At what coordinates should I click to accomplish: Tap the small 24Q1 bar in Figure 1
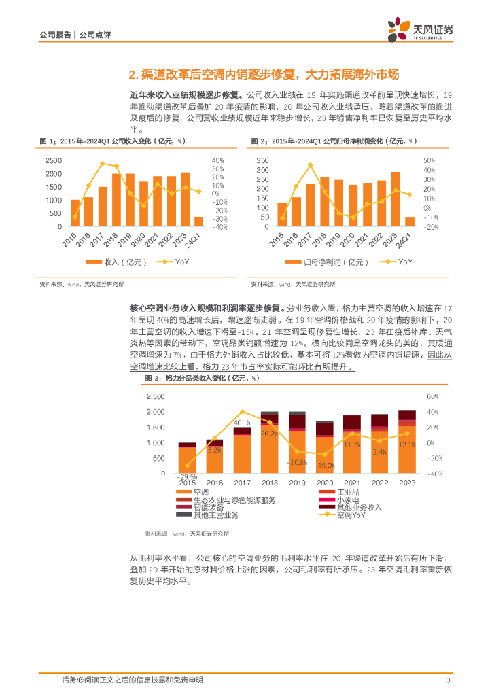[198, 222]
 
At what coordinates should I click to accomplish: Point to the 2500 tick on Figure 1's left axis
[52, 160]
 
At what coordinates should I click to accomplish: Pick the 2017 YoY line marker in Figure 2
[309, 164]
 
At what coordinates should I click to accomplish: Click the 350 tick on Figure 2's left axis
[263, 160]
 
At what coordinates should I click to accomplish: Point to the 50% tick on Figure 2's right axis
[429, 160]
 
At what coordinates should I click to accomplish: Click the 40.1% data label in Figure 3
[243, 423]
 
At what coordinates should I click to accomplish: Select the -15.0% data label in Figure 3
[326, 465]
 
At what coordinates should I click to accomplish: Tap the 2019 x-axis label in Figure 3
[298, 483]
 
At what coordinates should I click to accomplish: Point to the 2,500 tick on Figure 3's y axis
[155, 396]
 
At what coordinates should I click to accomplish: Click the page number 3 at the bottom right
[448, 680]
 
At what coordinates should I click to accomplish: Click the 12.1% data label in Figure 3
[408, 445]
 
